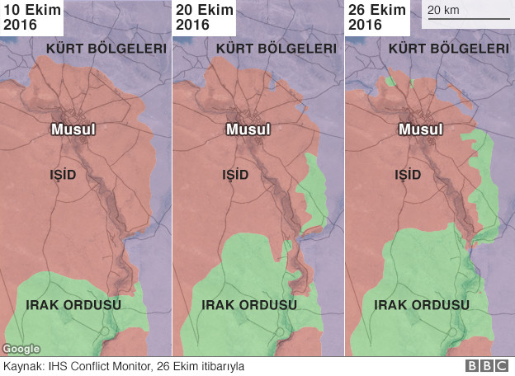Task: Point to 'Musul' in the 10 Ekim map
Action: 73,130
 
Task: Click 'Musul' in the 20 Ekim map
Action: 248,130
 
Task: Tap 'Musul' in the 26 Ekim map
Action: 420,130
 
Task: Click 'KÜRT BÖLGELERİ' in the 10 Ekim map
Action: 106,49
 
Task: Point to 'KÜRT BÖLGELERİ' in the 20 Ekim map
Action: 276,49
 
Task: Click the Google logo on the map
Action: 21,349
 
